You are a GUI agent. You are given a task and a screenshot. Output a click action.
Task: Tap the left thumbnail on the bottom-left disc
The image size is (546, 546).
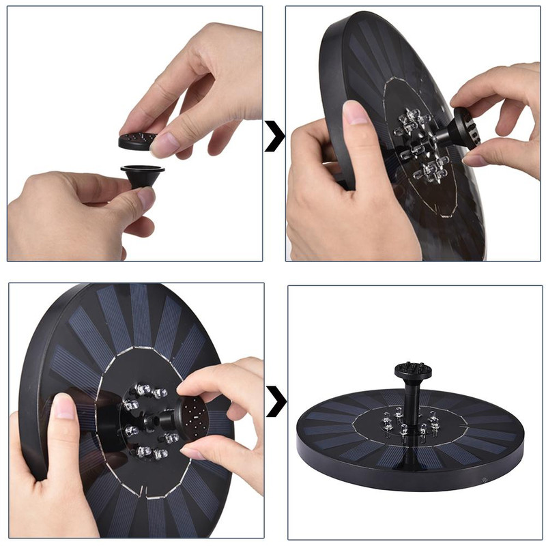point(63,407)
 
